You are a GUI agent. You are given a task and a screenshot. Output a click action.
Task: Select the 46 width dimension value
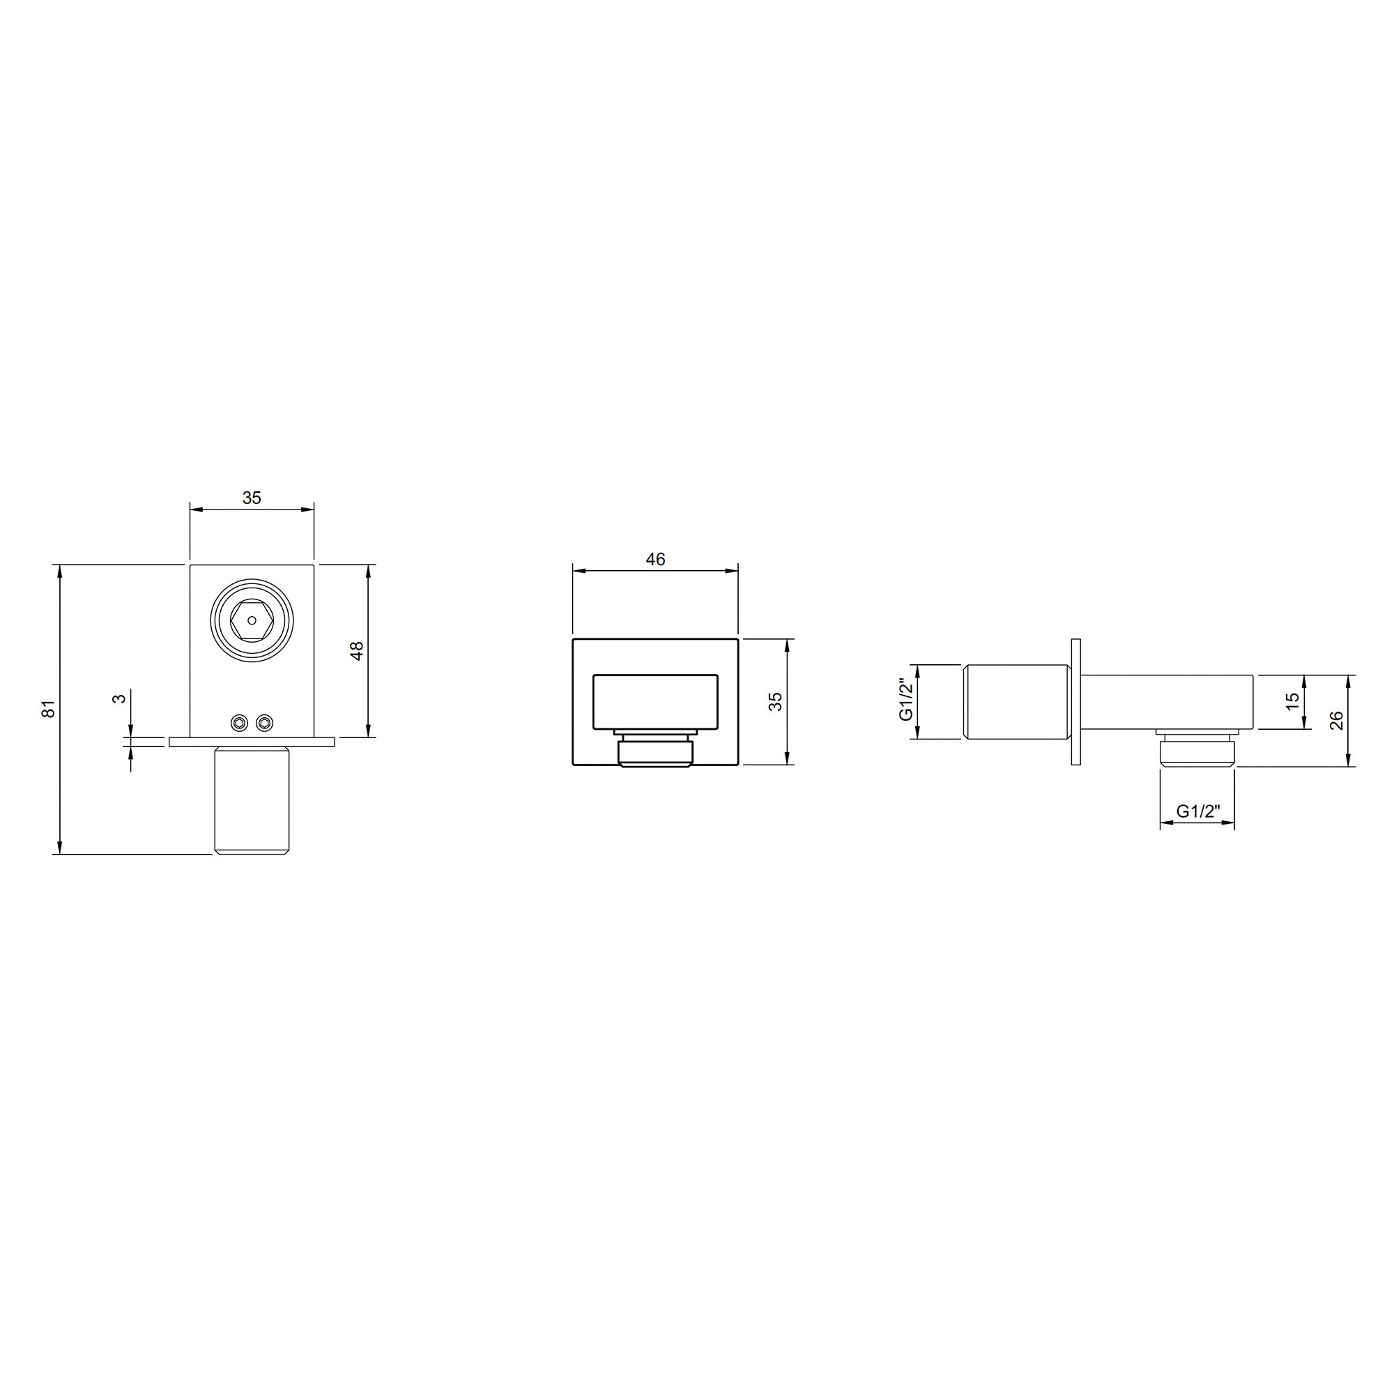pos(655,558)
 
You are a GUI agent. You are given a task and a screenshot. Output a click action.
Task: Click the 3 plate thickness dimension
pos(121,697)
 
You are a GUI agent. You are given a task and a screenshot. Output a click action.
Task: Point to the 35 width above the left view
pos(251,498)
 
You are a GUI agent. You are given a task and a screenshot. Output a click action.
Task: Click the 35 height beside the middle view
pos(775,701)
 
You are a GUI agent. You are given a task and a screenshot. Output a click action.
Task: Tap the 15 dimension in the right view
pos(1292,699)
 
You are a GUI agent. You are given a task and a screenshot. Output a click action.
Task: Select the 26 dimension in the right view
pos(1336,720)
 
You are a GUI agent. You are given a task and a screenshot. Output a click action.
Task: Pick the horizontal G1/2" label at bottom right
pos(1197,811)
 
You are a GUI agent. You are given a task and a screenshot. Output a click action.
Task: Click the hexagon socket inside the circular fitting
pos(251,620)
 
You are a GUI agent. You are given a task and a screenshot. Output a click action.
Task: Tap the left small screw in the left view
pos(238,722)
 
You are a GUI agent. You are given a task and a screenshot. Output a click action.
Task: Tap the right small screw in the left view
pos(265,722)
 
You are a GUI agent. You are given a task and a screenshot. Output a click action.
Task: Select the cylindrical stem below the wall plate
pos(251,801)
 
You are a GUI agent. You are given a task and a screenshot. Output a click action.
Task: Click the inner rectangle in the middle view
pos(654,701)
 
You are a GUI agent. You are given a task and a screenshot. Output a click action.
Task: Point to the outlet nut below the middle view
pos(655,752)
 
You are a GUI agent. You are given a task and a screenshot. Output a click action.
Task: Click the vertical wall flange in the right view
pos(1075,701)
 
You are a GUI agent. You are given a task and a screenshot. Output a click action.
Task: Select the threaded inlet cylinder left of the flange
pos(1016,701)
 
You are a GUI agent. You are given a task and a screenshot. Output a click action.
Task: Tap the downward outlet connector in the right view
pos(1197,751)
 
